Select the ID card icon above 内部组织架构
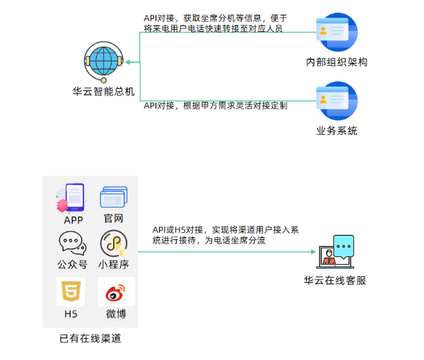(x=336, y=32)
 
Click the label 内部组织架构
(x=337, y=62)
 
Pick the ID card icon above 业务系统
(x=336, y=101)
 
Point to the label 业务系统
(x=337, y=131)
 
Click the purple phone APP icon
(x=73, y=197)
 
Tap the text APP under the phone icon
(x=73, y=220)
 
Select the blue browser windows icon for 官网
(x=113, y=198)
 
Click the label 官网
(x=113, y=220)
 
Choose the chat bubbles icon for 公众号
(x=73, y=243)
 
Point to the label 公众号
(x=73, y=265)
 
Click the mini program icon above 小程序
(x=113, y=243)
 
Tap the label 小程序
(x=113, y=265)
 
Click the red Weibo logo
(x=112, y=292)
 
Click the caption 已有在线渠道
(x=90, y=339)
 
